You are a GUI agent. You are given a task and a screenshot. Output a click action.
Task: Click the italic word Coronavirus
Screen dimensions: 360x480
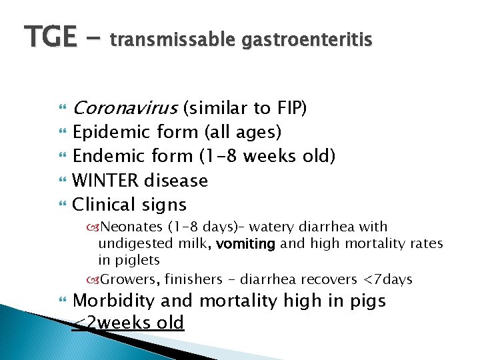pyautogui.click(x=124, y=108)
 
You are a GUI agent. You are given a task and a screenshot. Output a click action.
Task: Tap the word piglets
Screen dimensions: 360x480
pyautogui.click(x=137, y=260)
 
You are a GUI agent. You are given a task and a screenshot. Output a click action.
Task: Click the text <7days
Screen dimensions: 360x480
pyautogui.click(x=388, y=279)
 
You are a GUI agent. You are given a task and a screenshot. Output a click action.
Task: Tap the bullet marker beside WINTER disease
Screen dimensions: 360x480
pyautogui.click(x=63, y=181)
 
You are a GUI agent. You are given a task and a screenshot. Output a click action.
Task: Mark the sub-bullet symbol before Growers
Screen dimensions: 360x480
pyautogui.click(x=92, y=279)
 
